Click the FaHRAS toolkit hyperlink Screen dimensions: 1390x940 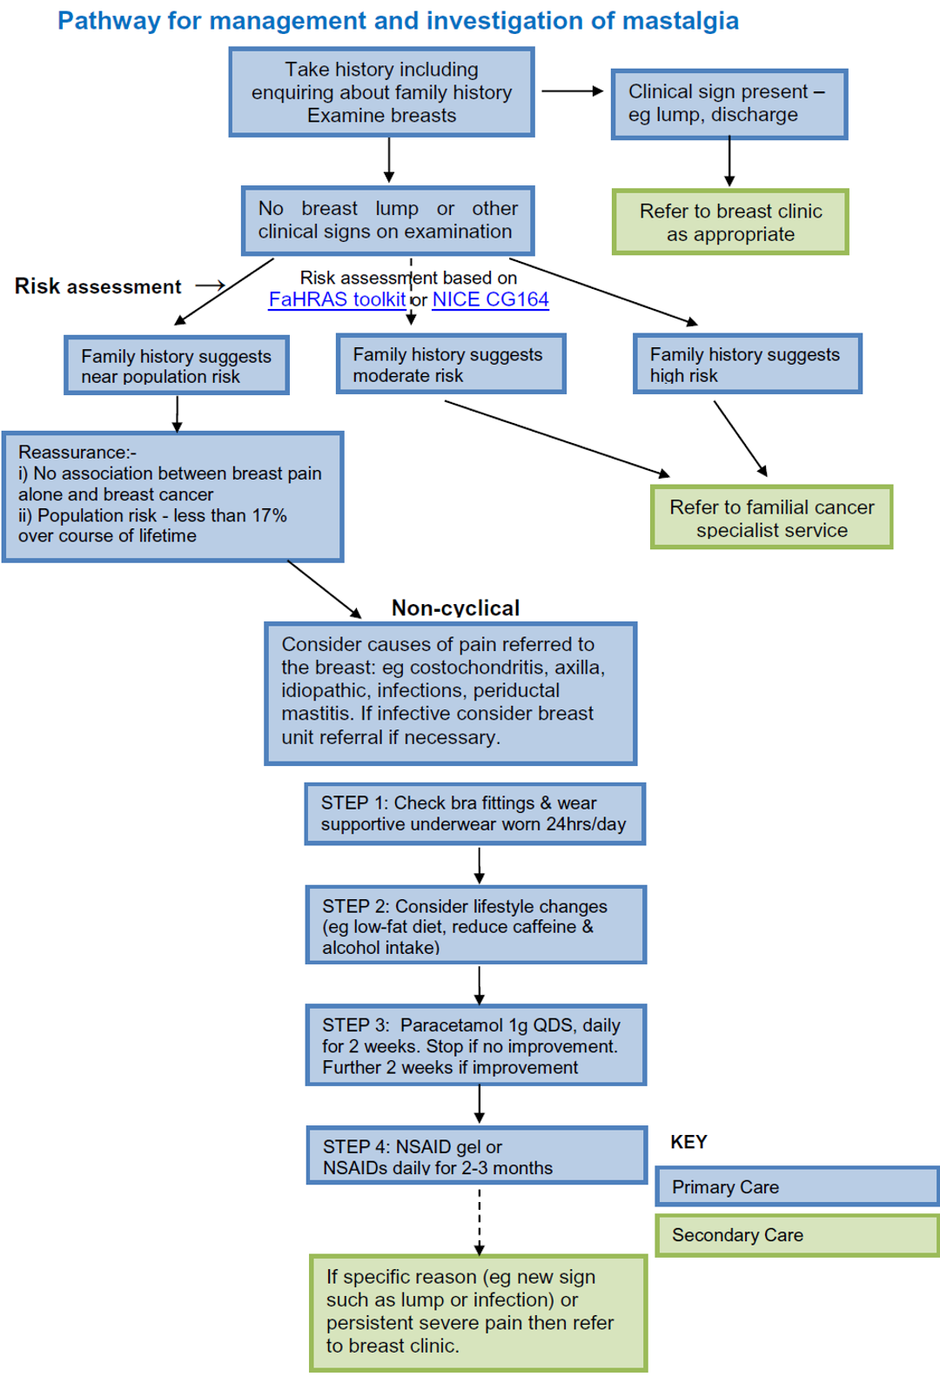[337, 299]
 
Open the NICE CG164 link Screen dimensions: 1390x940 [490, 299]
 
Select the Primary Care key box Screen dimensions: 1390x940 [796, 1186]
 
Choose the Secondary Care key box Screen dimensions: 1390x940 [796, 1235]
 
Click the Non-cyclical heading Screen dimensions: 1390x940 [455, 608]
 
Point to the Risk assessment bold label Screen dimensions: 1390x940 [97, 286]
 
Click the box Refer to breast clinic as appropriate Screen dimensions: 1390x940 [730, 223]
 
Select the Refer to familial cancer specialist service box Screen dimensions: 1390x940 [771, 518]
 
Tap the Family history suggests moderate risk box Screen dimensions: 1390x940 [451, 365]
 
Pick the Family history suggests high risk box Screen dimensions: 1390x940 [747, 365]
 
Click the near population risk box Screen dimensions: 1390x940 [177, 366]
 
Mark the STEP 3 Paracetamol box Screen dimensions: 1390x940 [475, 1045]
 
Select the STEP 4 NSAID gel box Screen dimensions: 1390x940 [475, 1157]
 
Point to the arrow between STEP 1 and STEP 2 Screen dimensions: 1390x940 [480, 865]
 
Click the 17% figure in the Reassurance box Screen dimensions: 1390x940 [269, 515]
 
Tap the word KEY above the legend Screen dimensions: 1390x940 [688, 1142]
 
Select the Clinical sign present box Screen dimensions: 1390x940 [728, 104]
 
